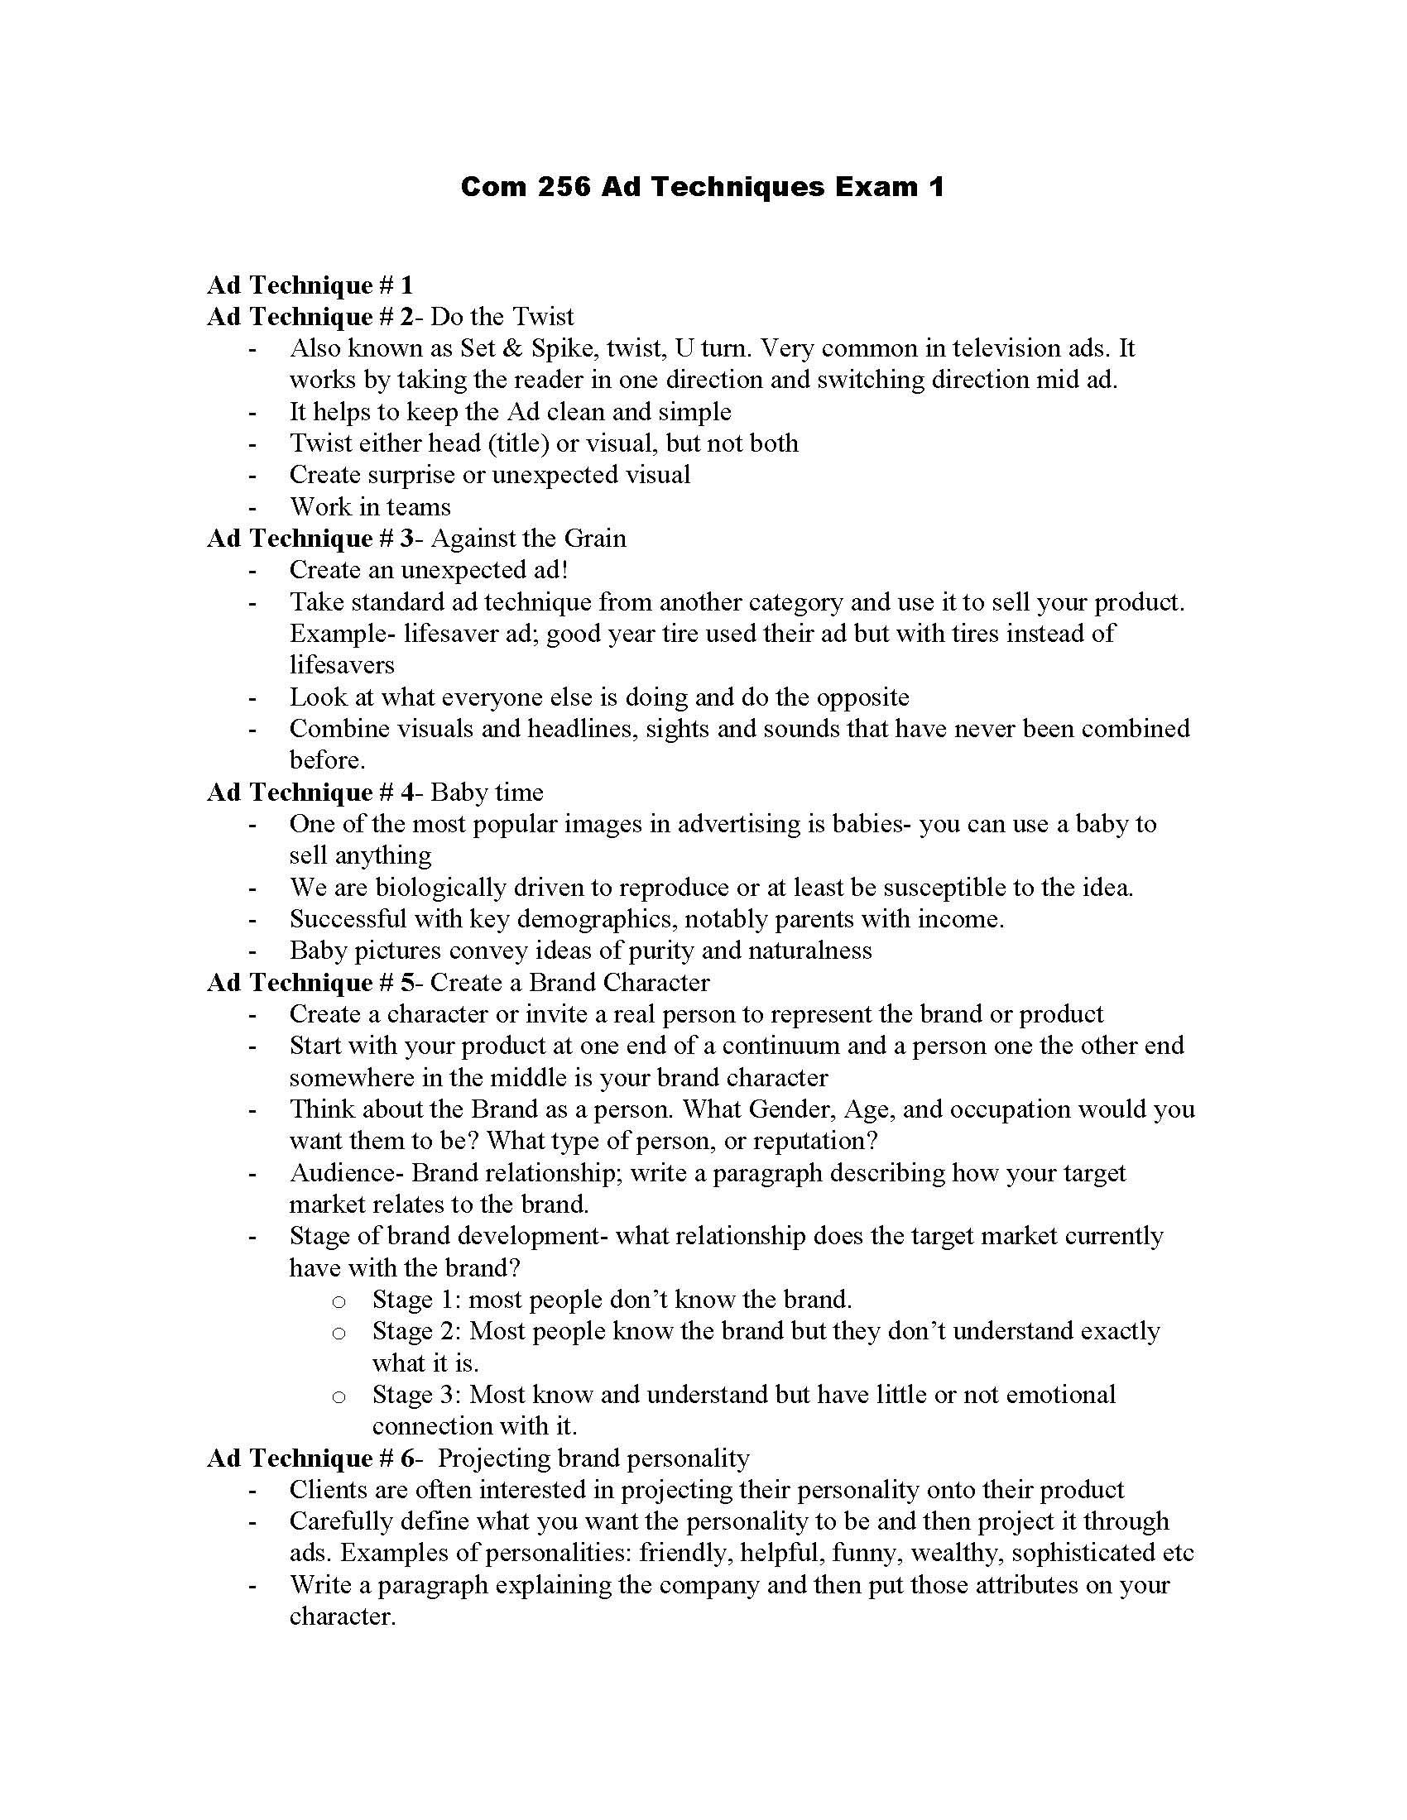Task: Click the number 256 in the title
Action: pos(564,186)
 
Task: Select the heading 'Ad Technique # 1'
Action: pos(310,285)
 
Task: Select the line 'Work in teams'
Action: pos(369,506)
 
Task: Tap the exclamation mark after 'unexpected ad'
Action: pos(564,570)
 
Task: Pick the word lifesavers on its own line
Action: pos(342,665)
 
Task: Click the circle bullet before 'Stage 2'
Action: pos(339,1334)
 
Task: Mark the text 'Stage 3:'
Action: pos(415,1394)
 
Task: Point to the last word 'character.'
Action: pos(342,1616)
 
